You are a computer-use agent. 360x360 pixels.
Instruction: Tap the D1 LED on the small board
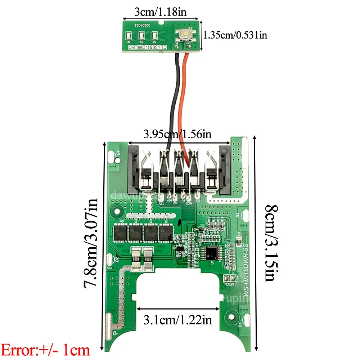tap(129, 36)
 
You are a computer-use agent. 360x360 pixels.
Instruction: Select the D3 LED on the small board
tap(155, 36)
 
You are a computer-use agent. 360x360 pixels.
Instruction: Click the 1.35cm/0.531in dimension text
tap(235, 35)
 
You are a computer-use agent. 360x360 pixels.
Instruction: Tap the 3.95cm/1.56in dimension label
tap(177, 135)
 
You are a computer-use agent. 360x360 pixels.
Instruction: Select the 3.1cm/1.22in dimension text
tap(177, 319)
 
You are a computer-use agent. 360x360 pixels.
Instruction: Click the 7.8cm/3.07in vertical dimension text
tap(91, 243)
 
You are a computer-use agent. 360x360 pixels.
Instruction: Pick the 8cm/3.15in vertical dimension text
tap(271, 243)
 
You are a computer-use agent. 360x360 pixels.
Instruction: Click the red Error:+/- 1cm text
tap(46, 350)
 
